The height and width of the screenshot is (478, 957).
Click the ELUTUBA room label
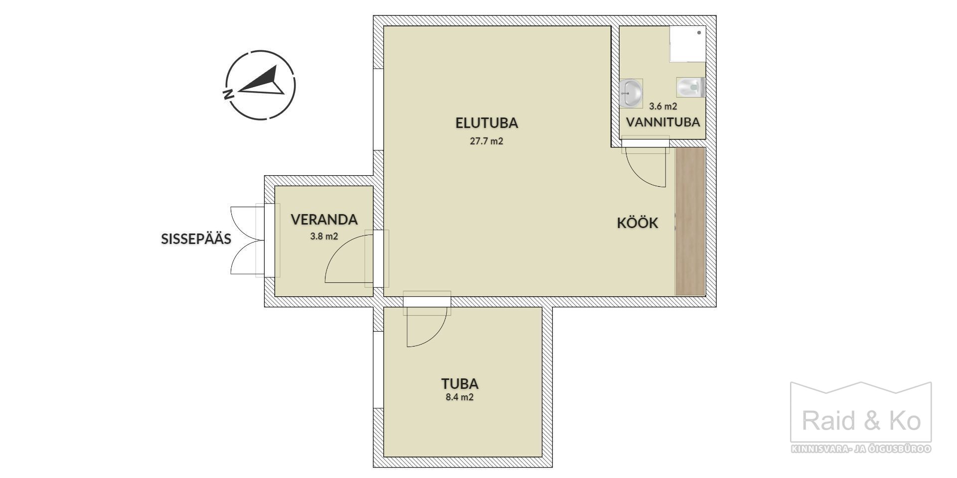(x=486, y=122)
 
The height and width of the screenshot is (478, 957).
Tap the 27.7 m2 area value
(x=486, y=141)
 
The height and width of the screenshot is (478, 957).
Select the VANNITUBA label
(x=663, y=122)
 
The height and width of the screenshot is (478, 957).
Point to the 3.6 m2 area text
(x=663, y=106)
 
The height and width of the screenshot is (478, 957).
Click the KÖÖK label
(x=638, y=223)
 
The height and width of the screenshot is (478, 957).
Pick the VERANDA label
(x=324, y=220)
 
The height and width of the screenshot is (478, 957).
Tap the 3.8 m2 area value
(x=324, y=237)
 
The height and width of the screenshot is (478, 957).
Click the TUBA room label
(x=460, y=384)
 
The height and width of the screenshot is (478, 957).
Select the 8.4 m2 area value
(x=460, y=397)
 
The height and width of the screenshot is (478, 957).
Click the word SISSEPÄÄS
(x=196, y=239)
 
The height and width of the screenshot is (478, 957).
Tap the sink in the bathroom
(x=631, y=93)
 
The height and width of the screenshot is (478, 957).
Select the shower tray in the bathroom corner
(x=687, y=44)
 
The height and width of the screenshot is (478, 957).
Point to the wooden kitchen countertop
(x=690, y=221)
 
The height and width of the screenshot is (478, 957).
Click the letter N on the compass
(x=228, y=94)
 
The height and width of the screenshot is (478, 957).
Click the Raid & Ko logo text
(x=861, y=421)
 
